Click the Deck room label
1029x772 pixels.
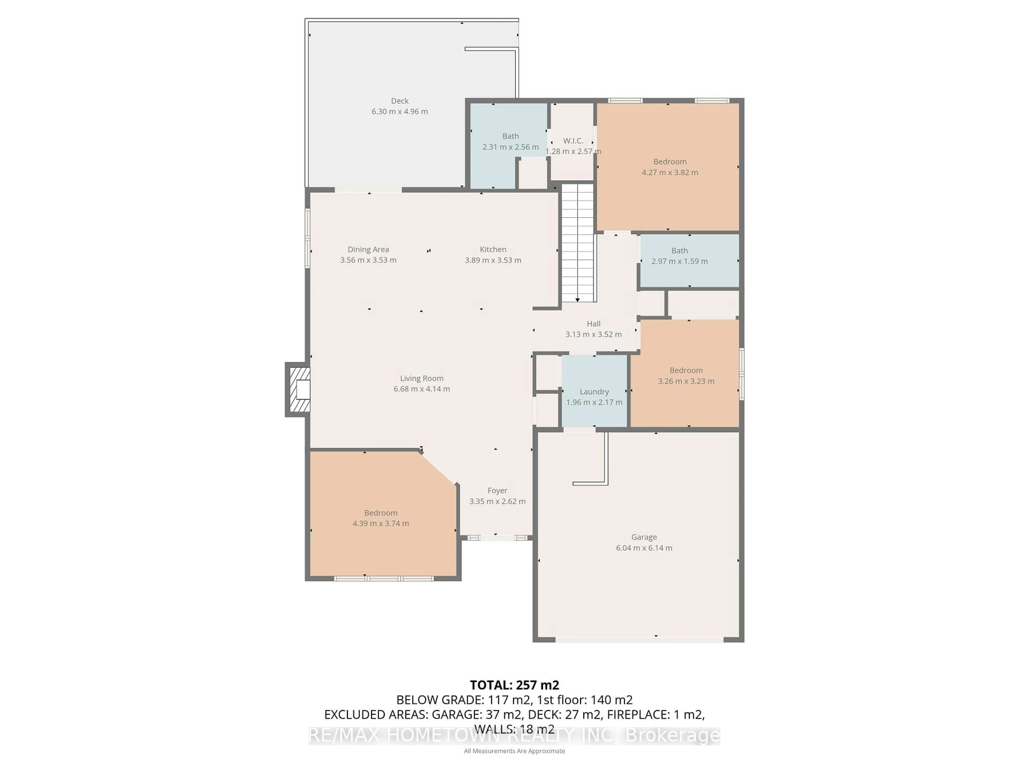[400, 101]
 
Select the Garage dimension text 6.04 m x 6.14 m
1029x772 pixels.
[644, 548]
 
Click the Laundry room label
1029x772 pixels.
[594, 392]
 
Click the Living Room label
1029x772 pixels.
[422, 378]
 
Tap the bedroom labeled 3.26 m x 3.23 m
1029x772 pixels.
[686, 376]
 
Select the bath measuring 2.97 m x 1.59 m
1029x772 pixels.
[679, 256]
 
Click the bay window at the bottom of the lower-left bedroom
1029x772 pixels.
[383, 578]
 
